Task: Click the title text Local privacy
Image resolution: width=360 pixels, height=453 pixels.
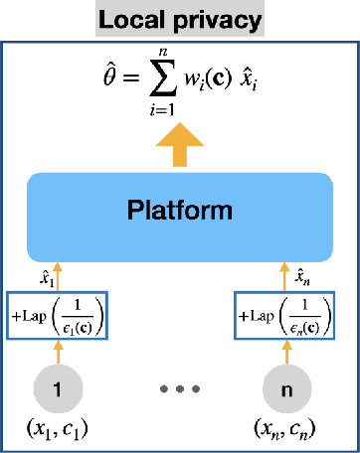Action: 179,19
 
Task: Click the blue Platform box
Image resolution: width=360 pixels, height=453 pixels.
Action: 179,211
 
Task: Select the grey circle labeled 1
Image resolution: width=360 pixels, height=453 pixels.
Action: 58,390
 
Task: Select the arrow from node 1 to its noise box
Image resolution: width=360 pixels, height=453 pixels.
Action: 58,352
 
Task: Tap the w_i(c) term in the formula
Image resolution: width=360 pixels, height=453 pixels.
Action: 213,77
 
